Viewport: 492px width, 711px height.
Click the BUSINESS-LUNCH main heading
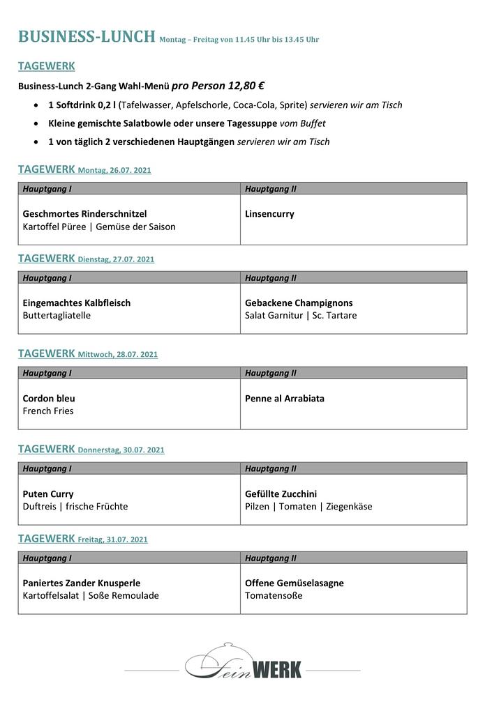click(87, 37)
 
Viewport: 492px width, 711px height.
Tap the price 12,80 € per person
click(238, 86)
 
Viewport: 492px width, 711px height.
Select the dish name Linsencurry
click(269, 214)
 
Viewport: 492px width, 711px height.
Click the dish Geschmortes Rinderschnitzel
click(84, 214)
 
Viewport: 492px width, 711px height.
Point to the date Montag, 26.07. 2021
click(114, 170)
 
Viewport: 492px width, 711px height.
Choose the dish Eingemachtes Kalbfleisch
click(77, 303)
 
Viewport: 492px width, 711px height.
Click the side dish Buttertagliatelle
click(57, 316)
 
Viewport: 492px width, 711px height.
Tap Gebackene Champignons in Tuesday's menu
click(299, 303)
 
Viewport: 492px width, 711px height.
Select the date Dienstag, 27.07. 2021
click(116, 259)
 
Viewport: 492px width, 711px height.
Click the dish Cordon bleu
click(49, 399)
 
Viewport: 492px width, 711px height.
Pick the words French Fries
click(48, 411)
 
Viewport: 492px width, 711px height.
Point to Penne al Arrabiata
click(285, 399)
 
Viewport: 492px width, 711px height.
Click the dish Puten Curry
click(48, 494)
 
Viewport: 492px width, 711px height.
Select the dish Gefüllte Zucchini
click(281, 494)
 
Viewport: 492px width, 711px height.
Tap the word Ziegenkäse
click(349, 507)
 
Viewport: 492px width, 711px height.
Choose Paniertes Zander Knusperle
click(82, 583)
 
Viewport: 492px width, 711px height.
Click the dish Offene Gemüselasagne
click(295, 583)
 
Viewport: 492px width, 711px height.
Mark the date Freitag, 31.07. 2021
click(113, 540)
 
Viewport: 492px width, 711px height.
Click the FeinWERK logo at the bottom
click(244, 663)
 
